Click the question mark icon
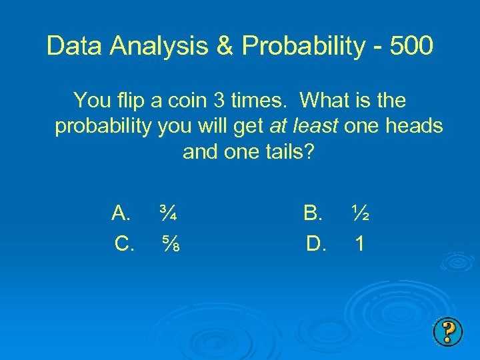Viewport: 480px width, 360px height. [448, 331]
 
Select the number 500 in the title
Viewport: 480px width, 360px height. [412, 46]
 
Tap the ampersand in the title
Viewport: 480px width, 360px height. [226, 46]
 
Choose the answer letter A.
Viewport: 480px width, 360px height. [121, 213]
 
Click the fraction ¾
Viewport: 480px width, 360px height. [167, 213]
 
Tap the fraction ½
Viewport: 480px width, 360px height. [361, 213]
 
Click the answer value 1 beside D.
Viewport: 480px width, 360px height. [359, 245]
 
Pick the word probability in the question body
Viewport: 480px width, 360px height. [103, 127]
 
